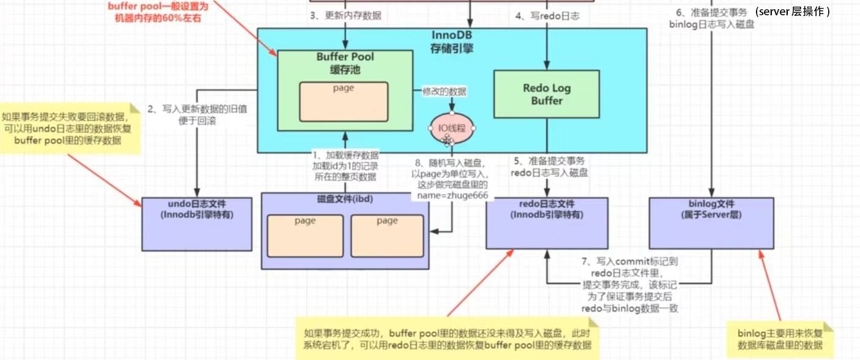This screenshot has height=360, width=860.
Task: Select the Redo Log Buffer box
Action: (546, 94)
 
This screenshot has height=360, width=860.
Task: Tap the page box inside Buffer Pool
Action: (343, 101)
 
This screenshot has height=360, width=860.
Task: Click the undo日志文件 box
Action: (196, 223)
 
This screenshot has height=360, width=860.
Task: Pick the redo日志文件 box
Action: (547, 223)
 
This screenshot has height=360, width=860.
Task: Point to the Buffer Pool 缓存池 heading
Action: (345, 63)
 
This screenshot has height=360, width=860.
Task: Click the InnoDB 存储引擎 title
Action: (452, 41)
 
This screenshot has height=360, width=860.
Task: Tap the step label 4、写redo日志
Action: (547, 16)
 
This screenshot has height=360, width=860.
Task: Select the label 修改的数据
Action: (444, 92)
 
